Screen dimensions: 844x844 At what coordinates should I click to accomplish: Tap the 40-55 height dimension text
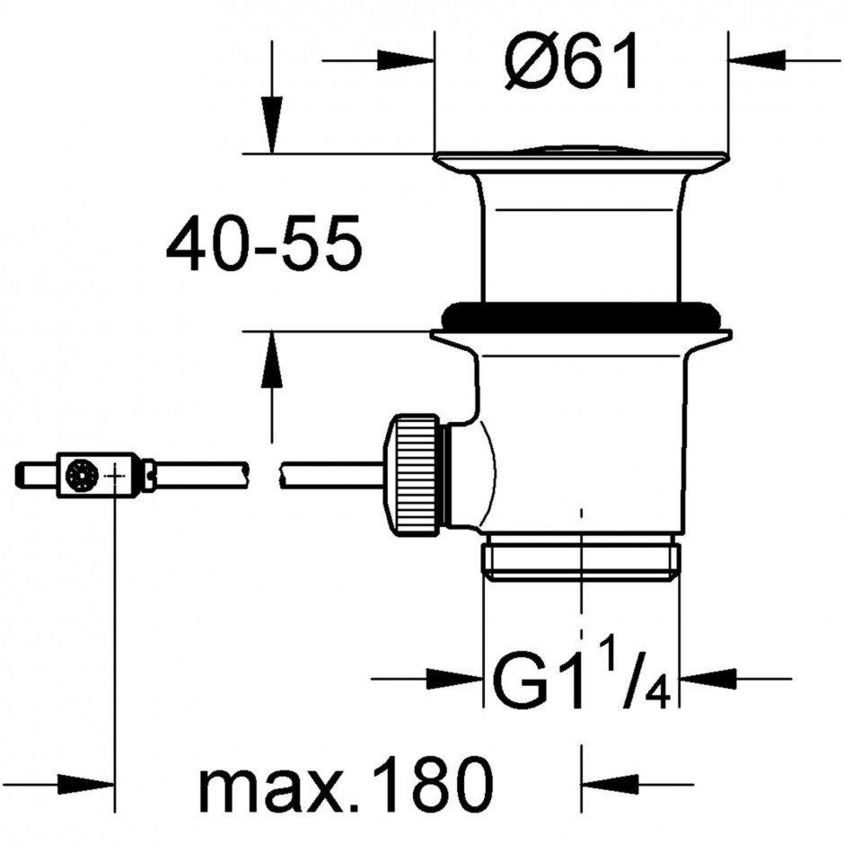pyautogui.click(x=264, y=243)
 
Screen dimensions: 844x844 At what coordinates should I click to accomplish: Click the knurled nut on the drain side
pyautogui.click(x=413, y=475)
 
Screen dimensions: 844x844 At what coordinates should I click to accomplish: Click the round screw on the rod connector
pyautogui.click(x=83, y=475)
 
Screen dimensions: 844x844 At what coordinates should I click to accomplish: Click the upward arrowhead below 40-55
pyautogui.click(x=272, y=359)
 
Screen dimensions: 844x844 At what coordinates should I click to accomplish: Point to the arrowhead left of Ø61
pyautogui.click(x=406, y=60)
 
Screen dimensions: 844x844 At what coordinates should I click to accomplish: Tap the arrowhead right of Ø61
pyautogui.click(x=756, y=60)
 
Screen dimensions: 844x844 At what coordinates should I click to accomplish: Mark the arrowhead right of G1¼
pyautogui.click(x=708, y=679)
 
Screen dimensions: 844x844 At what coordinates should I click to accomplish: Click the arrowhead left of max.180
pyautogui.click(x=86, y=784)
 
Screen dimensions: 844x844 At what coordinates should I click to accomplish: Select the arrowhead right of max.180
pyautogui.click(x=610, y=784)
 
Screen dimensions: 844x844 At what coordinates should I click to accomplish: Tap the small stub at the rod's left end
pyautogui.click(x=36, y=475)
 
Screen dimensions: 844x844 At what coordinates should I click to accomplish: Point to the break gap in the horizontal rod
pyautogui.click(x=264, y=475)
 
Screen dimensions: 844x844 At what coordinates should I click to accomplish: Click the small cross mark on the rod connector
pyautogui.click(x=115, y=476)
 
